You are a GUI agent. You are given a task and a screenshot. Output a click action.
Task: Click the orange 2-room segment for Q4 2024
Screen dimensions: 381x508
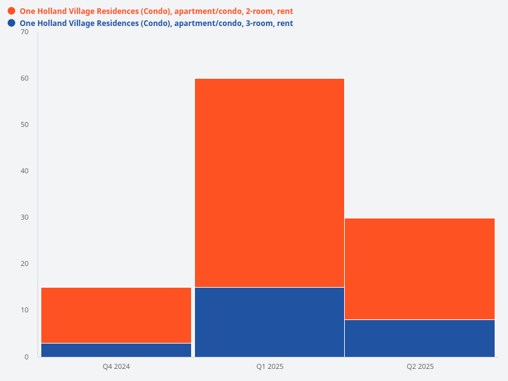116,315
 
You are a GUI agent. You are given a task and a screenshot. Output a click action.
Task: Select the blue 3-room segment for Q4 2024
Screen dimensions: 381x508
116,350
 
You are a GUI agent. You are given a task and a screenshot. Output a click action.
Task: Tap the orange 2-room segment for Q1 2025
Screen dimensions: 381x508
269,183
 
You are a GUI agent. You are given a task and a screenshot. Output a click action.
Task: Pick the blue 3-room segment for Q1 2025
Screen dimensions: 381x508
269,322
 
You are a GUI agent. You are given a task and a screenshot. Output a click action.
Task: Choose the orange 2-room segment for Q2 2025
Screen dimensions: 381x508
420,269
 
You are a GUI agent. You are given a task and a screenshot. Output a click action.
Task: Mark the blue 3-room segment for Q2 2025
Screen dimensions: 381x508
420,338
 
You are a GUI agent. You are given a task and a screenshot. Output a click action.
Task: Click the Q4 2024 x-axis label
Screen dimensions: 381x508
116,366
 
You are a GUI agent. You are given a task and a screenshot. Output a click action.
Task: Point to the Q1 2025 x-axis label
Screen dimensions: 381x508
269,366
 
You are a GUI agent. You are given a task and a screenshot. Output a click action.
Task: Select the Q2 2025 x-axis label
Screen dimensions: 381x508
420,366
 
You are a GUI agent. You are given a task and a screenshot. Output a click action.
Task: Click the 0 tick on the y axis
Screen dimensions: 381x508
27,357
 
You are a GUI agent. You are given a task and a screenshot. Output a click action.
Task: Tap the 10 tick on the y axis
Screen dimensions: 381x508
25,310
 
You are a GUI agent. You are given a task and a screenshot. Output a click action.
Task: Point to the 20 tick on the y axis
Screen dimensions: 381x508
25,264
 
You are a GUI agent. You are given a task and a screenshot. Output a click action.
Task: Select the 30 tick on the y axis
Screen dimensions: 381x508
25,217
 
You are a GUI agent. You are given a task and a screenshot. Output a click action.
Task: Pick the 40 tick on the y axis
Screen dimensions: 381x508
25,171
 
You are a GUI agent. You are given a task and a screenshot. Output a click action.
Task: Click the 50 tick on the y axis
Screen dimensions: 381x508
25,124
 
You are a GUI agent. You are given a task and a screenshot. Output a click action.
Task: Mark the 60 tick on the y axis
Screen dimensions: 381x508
25,78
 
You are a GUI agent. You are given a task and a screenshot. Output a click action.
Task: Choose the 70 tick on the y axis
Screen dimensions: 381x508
25,32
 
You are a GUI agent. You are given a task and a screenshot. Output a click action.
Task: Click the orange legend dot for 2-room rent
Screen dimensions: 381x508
11,11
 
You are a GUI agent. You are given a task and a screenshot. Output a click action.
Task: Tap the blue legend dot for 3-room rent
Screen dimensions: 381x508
11,23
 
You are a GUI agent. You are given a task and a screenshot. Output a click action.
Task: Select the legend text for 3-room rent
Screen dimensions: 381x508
156,23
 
